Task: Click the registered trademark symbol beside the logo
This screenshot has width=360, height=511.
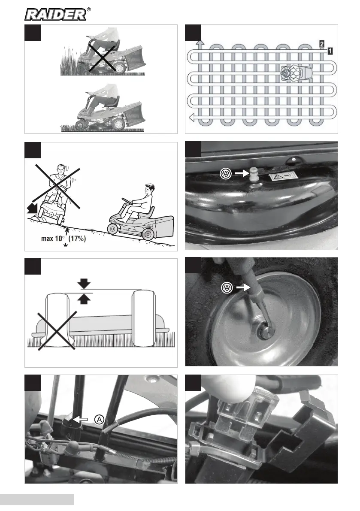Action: tap(88, 9)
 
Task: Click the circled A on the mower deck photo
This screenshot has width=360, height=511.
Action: tap(226, 173)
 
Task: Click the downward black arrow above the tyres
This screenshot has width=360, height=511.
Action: tap(84, 283)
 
